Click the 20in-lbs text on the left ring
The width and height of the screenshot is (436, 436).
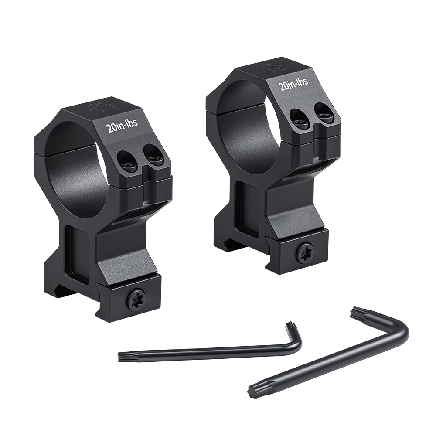[122, 126]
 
